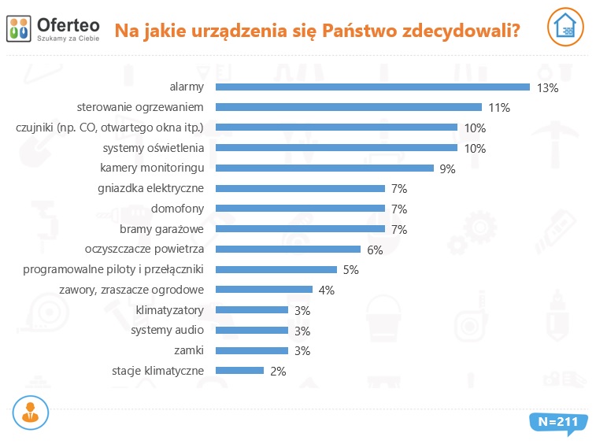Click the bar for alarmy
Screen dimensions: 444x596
(x=372, y=87)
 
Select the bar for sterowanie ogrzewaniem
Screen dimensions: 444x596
(x=348, y=107)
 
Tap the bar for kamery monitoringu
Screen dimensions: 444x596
(x=324, y=168)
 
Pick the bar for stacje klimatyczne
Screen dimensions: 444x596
(x=239, y=370)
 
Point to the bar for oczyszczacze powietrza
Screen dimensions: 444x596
(x=288, y=249)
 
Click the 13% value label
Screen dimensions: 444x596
(x=547, y=88)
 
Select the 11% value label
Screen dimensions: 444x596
(x=499, y=108)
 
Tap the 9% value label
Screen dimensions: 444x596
(x=448, y=168)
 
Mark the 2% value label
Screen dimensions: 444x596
(x=277, y=371)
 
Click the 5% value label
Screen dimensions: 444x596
(x=350, y=269)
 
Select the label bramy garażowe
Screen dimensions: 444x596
(x=162, y=229)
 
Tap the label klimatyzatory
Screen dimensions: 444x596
(x=170, y=310)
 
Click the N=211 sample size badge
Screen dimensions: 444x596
(x=557, y=422)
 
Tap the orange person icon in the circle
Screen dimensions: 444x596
(x=31, y=412)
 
